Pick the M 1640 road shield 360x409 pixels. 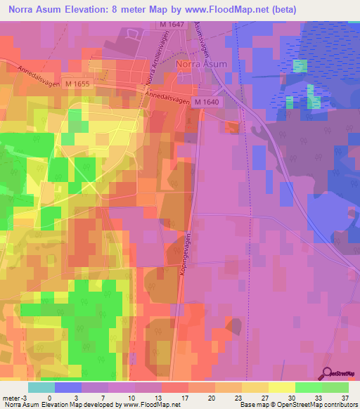pyautogui.click(x=207, y=103)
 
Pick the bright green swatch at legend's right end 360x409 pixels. pyautogui.click(x=335, y=387)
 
